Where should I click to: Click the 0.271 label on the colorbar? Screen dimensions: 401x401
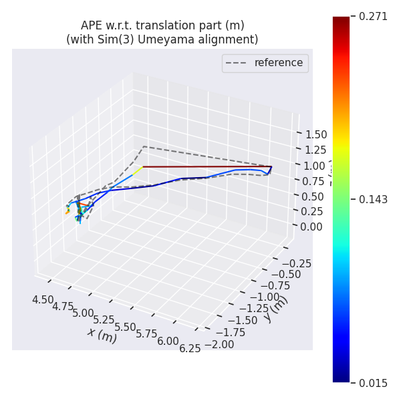pos(373,16)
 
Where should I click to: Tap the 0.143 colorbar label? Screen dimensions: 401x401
pos(373,199)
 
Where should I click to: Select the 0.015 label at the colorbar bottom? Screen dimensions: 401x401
pos(373,382)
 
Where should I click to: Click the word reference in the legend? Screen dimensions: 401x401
pos(279,63)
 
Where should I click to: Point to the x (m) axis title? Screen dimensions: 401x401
pos(102,334)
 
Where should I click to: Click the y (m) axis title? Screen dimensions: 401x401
pos(275,308)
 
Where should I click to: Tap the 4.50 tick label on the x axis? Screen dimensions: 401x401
pos(43,300)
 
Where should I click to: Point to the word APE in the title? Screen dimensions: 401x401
pos(92,25)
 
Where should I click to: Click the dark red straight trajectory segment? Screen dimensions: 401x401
pos(207,166)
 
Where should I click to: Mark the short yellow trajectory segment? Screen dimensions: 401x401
pos(137,171)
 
